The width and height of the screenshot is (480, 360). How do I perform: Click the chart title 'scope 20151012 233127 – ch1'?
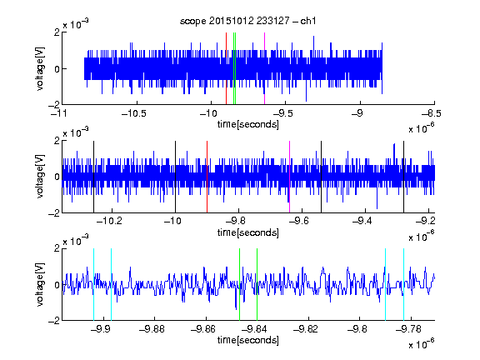pos(247,21)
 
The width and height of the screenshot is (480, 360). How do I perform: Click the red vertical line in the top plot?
pos(226,68)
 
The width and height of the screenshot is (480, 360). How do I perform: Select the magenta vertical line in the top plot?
pos(264,68)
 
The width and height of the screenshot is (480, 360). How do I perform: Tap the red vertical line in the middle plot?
pos(207,177)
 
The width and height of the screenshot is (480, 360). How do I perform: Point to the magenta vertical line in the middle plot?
pos(290,177)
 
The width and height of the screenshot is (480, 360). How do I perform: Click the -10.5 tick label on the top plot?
pos(134,113)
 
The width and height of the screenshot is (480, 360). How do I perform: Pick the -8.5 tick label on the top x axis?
pos(431,113)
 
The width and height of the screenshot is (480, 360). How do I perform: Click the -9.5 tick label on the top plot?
pos(282,113)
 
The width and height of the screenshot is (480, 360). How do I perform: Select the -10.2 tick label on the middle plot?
pos(109,220)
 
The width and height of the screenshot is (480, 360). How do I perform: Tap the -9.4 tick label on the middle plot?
pos(362,220)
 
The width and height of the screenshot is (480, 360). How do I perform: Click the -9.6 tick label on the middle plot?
pos(299,220)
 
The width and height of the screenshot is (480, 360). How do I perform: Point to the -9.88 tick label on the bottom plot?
pos(152,329)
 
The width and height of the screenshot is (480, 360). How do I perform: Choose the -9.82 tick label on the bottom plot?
pos(306,329)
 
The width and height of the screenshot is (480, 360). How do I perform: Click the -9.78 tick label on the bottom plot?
pos(408,329)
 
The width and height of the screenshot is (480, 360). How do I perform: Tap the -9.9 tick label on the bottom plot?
pos(101,329)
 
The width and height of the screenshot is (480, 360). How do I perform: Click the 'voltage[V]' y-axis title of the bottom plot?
pos(40,284)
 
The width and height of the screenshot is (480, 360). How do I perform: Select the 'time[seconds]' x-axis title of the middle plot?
pos(248,232)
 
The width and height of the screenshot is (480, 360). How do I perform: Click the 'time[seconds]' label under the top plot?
pos(248,124)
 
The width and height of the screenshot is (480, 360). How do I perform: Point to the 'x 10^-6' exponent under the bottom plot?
pos(422,344)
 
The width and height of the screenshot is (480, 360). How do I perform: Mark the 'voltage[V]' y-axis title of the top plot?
pos(40,68)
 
